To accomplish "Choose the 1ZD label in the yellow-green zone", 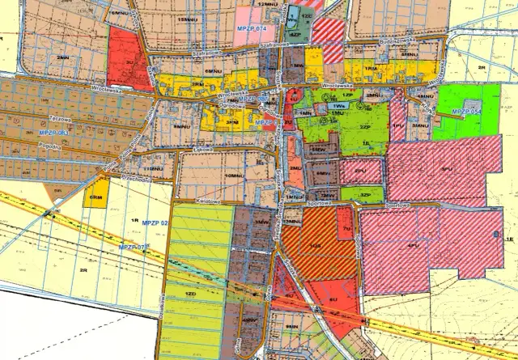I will (191, 291).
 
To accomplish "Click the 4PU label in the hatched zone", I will (413, 244).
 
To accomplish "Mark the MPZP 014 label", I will (252, 29).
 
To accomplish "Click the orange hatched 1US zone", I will (316, 245).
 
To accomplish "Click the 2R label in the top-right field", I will (480, 68).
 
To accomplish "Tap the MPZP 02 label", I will (153, 222).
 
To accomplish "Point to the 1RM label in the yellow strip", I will (371, 70).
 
